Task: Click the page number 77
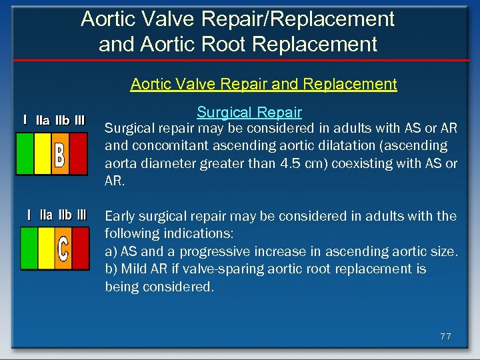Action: pos(445,337)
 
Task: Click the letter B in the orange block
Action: pos(60,154)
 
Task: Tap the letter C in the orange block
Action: pos(63,249)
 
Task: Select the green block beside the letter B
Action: pos(25,154)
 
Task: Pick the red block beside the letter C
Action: pos(80,249)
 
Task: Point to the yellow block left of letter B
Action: pos(42,154)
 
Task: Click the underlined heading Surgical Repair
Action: pos(249,112)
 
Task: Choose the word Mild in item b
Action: pos(135,269)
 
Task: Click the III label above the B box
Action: pos(79,121)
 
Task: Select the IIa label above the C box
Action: pos(47,215)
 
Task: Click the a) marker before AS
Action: pos(111,251)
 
